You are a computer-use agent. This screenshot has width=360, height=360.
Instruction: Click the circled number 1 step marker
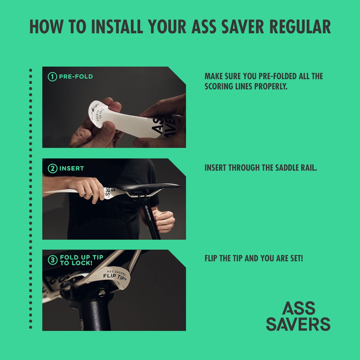(x=52, y=77)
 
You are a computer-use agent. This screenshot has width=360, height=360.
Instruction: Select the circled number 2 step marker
(x=52, y=169)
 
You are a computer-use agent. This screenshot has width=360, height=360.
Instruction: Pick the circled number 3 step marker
(x=52, y=260)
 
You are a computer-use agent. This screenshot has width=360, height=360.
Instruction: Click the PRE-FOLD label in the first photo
(x=76, y=76)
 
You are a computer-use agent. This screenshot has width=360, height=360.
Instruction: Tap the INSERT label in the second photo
(x=71, y=169)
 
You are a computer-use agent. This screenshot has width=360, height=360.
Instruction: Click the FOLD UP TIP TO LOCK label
(x=81, y=260)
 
